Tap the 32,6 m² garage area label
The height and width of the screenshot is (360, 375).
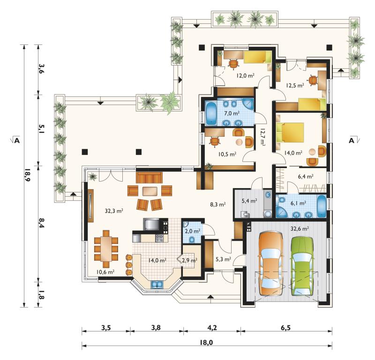(x=300, y=228)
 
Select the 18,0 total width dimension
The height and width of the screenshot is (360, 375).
(x=206, y=343)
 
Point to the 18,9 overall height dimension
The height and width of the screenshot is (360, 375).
(x=27, y=176)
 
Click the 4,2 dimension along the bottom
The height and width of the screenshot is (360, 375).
(x=212, y=328)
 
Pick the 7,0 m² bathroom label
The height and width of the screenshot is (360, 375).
(x=232, y=113)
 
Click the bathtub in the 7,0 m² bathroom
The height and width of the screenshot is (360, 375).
(x=211, y=113)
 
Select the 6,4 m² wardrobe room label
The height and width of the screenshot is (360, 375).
(x=306, y=176)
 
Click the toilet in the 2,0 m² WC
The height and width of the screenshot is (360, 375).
(x=192, y=239)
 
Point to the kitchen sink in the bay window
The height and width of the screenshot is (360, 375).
(x=157, y=285)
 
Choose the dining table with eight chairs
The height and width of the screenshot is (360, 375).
(x=106, y=249)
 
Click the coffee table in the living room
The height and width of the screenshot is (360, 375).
(x=150, y=191)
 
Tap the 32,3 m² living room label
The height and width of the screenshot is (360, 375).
(x=114, y=211)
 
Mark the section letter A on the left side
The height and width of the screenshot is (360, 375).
(x=17, y=140)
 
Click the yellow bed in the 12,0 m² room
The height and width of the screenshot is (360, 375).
(x=257, y=57)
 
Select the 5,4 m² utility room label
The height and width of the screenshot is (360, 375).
(x=249, y=201)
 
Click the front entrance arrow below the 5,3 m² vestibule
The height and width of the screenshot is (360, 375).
(x=210, y=297)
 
